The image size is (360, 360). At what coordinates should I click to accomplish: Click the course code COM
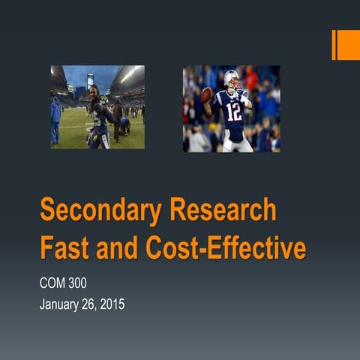(54, 284)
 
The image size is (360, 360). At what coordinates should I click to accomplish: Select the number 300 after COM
(87, 284)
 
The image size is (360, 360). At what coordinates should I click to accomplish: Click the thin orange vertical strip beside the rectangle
(334, 45)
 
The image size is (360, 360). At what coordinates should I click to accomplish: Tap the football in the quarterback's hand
(205, 95)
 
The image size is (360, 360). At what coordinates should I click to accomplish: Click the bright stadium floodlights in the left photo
(129, 75)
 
